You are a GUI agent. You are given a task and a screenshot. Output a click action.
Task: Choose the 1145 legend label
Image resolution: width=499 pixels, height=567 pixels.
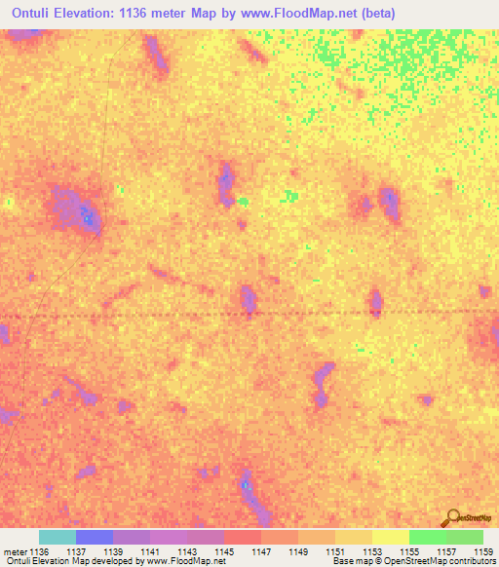226,551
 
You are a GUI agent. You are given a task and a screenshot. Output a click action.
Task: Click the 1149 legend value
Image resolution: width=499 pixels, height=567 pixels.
299,551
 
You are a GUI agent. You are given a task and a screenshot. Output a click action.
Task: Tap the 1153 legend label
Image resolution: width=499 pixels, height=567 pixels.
372,551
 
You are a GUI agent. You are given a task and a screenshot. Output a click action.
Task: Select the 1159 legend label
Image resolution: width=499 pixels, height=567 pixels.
483,551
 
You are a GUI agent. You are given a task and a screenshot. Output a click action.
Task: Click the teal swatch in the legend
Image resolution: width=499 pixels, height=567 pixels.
58,537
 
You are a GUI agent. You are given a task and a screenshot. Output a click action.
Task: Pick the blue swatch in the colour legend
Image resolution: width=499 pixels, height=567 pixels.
95,537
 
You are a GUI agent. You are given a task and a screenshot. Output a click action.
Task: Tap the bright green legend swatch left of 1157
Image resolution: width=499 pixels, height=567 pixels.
427,537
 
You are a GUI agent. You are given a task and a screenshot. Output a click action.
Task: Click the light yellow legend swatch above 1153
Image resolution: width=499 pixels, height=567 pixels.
390,537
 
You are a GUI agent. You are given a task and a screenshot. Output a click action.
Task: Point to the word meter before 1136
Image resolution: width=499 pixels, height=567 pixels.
15,551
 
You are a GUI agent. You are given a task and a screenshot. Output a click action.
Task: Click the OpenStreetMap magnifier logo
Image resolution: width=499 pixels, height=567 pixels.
451,518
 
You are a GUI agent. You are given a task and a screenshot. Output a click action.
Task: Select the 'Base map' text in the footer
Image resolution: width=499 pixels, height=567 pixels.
350,562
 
